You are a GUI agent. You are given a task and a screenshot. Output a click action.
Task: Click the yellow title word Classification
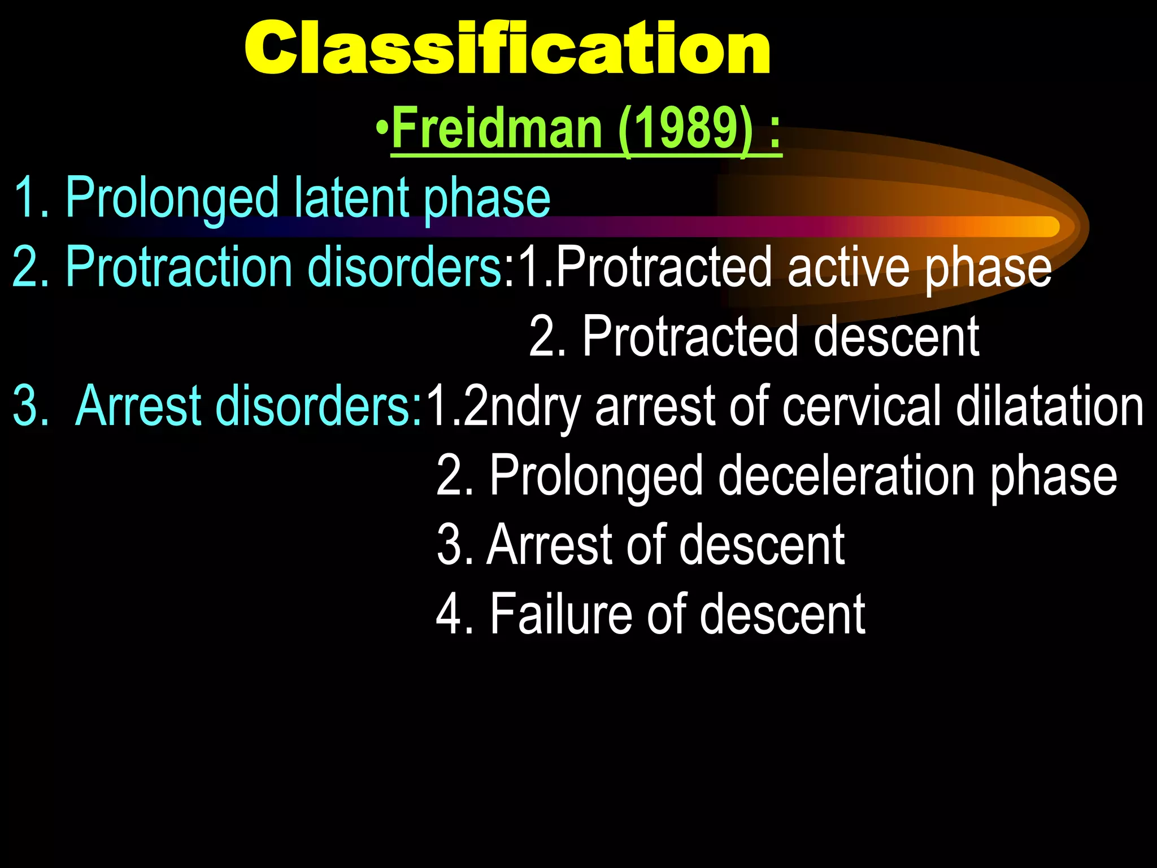pos(507,49)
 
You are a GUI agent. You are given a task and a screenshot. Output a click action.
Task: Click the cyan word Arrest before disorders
pos(138,405)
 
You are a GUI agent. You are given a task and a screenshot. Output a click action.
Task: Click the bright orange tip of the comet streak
pos(1045,227)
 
